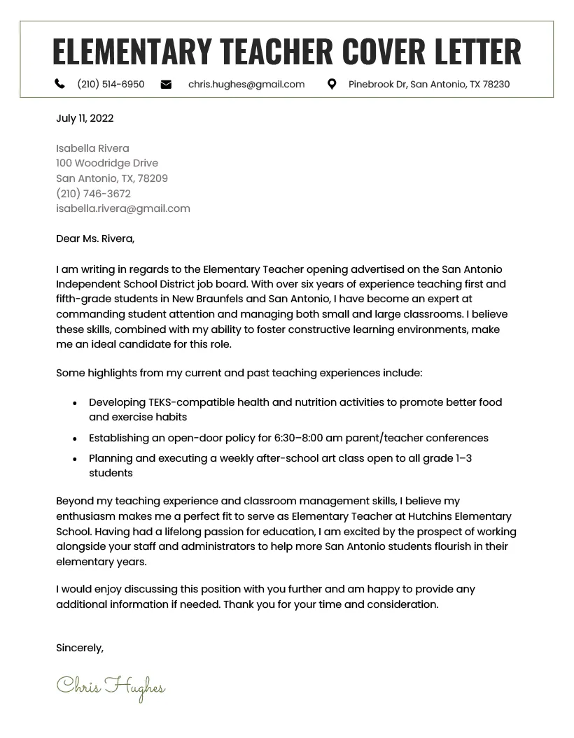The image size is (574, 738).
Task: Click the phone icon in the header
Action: point(59,84)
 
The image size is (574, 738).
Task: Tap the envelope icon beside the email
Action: point(166,84)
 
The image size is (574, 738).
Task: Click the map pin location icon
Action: point(332,84)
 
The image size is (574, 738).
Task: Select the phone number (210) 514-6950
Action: point(111,84)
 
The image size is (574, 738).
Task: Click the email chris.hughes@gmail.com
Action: point(246,84)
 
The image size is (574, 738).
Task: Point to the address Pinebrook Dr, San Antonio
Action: point(429,84)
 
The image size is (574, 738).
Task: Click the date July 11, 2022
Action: point(85,118)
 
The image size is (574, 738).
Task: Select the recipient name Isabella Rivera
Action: point(92,148)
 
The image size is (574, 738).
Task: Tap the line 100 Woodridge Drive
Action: point(107,163)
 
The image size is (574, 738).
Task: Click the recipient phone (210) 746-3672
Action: point(93,194)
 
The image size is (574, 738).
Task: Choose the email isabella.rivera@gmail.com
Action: point(123,208)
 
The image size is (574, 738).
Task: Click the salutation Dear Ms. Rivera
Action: point(95,239)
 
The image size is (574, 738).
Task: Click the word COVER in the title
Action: point(384,51)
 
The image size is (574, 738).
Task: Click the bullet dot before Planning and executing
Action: point(75,460)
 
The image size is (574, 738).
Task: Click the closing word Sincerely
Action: point(80,648)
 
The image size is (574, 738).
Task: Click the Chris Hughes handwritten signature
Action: point(111,687)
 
